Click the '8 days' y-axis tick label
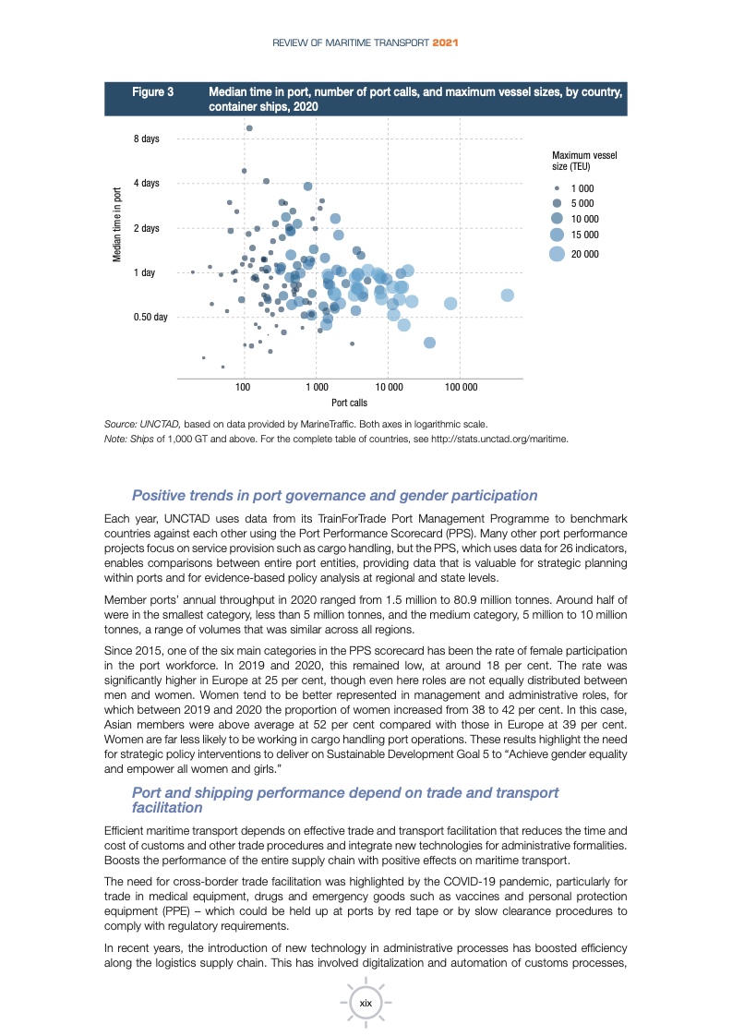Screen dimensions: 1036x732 click(146, 139)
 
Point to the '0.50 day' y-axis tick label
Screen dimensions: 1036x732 click(150, 317)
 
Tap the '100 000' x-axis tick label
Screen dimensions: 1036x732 click(461, 388)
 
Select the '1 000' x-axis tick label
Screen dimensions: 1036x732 click(317, 388)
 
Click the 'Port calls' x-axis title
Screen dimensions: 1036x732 click(349, 403)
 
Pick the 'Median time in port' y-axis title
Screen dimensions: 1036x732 click(117, 225)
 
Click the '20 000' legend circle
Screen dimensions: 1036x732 click(557, 254)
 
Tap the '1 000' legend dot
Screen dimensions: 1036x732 click(557, 188)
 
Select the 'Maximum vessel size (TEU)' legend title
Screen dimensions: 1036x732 click(583, 161)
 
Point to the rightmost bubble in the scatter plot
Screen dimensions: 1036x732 click(507, 295)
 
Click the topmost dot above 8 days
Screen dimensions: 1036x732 click(249, 128)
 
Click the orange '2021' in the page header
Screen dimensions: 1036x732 click(447, 43)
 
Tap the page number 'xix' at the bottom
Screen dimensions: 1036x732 click(366, 1003)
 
